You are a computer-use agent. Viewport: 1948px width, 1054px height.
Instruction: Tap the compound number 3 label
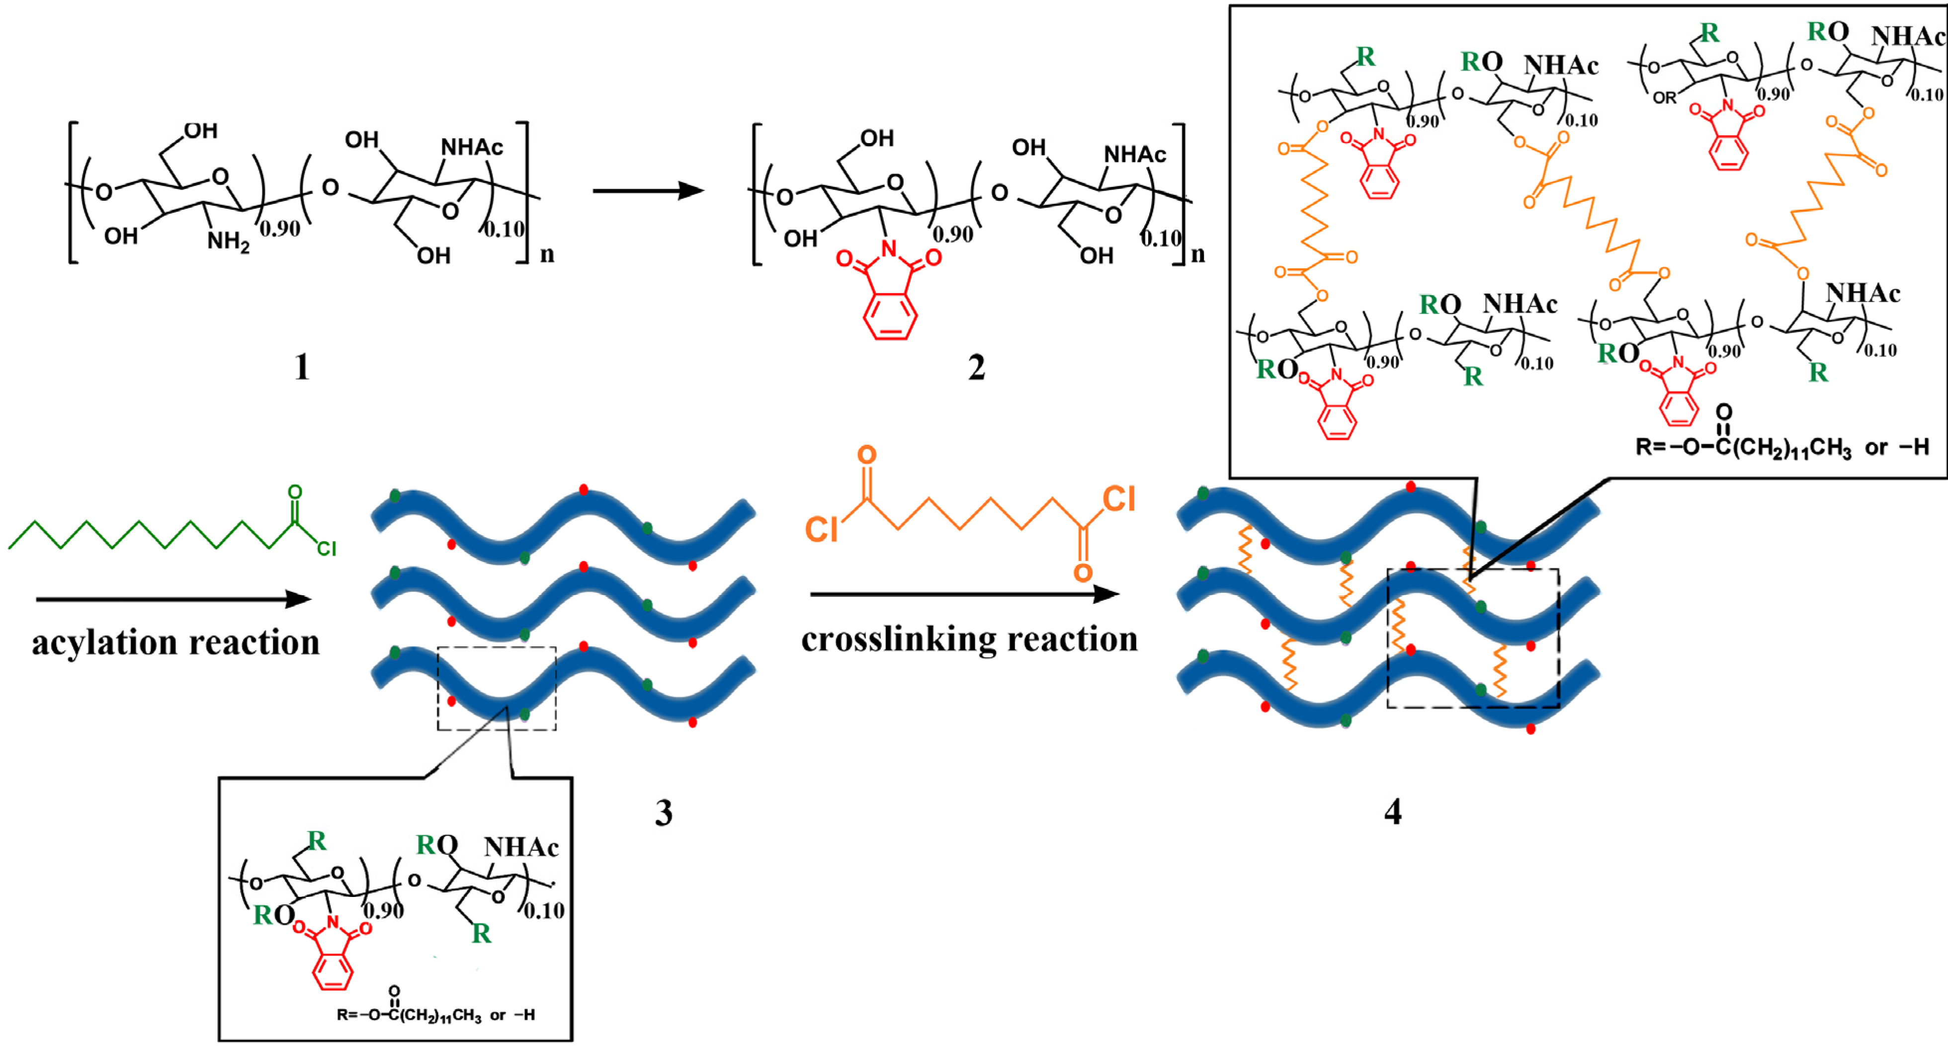pos(663,813)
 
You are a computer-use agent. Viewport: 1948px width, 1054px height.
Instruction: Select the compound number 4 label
pos(1392,812)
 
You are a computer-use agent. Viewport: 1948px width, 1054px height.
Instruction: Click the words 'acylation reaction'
pos(175,643)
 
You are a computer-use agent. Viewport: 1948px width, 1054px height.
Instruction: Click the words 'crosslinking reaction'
pos(969,640)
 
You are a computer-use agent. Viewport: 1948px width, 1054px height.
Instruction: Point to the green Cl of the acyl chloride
pos(326,548)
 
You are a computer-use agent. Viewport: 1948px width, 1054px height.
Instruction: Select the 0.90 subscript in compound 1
pos(280,228)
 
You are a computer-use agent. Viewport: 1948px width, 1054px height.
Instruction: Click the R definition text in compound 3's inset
pos(435,1013)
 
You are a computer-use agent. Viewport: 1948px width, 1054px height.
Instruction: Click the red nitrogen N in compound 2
pos(889,248)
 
